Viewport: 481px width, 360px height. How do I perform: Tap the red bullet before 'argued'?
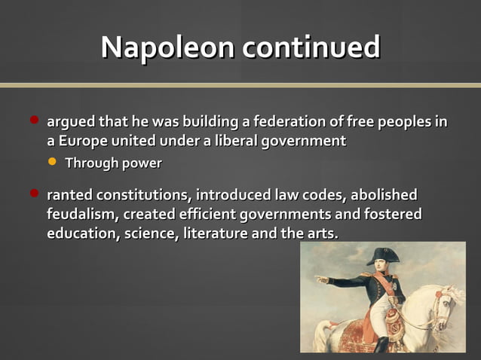tap(34, 120)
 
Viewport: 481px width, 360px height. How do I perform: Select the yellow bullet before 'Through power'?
tap(52, 161)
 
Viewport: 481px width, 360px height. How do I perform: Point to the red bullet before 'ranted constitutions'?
tap(34, 194)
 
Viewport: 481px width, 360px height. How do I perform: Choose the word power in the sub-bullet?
tap(142, 163)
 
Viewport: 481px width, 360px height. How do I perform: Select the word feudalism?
tap(78, 215)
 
